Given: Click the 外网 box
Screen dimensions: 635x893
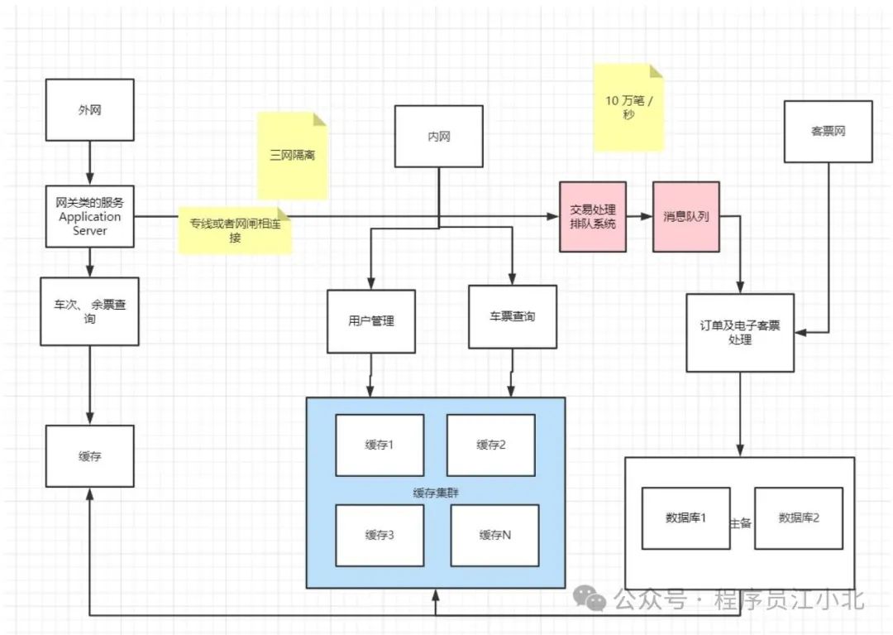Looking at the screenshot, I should tap(89, 109).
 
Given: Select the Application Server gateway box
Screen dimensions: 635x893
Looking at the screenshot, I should tap(89, 217).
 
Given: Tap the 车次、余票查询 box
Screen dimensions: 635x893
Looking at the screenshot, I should tap(89, 311).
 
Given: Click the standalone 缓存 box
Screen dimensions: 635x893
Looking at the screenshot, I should tap(89, 455).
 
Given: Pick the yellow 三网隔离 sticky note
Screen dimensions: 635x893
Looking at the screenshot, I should tap(292, 156).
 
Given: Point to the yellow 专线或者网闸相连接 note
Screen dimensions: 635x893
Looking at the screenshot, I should tap(236, 230).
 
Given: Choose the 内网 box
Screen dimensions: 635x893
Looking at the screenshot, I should tap(439, 137).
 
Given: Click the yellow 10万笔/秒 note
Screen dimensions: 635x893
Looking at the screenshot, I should tap(628, 108).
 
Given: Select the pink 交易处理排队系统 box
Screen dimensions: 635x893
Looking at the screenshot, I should tap(593, 216).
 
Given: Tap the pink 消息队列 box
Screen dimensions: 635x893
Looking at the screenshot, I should tap(686, 216).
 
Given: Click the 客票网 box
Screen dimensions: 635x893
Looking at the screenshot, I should tap(828, 131).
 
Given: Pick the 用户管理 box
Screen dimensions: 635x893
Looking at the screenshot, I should tap(371, 321).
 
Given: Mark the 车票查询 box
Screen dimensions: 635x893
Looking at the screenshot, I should tap(513, 316).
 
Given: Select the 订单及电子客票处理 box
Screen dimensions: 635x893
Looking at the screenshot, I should tap(740, 332).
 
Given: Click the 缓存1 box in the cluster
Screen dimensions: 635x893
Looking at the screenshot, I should tap(380, 445).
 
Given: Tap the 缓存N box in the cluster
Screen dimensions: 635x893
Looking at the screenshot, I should tap(495, 534).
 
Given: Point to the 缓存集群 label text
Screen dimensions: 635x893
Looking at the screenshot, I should tap(436, 492).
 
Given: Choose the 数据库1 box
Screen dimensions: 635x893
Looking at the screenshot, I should tap(685, 518).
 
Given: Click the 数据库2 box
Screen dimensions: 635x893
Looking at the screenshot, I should tap(798, 518).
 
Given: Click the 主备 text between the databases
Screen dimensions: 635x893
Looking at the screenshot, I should tap(741, 523).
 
